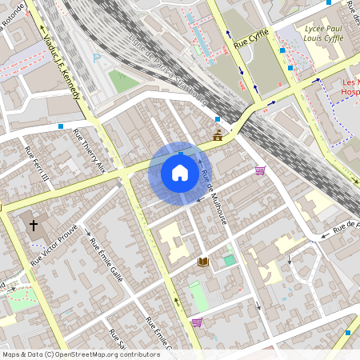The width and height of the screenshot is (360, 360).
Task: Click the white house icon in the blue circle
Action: click(x=180, y=172)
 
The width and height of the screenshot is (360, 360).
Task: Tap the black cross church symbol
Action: click(x=34, y=226)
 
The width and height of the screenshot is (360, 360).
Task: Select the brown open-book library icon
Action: click(x=203, y=262)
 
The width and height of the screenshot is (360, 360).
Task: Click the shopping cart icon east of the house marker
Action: click(x=260, y=170)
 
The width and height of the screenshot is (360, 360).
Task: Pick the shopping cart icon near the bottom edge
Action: click(x=196, y=322)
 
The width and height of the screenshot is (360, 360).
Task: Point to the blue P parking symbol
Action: click(x=98, y=58)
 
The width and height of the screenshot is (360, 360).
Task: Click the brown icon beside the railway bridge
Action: click(x=218, y=135)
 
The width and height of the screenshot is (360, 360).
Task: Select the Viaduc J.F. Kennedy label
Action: click(x=62, y=60)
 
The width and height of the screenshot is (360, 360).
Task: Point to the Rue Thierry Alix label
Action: click(x=89, y=150)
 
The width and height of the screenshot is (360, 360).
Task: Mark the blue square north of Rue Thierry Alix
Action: click(x=61, y=126)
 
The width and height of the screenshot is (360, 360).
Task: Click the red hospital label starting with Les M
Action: click(x=350, y=87)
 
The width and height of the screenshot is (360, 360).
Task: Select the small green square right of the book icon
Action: click(x=230, y=260)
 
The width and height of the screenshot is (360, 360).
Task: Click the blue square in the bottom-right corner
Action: click(x=348, y=332)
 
